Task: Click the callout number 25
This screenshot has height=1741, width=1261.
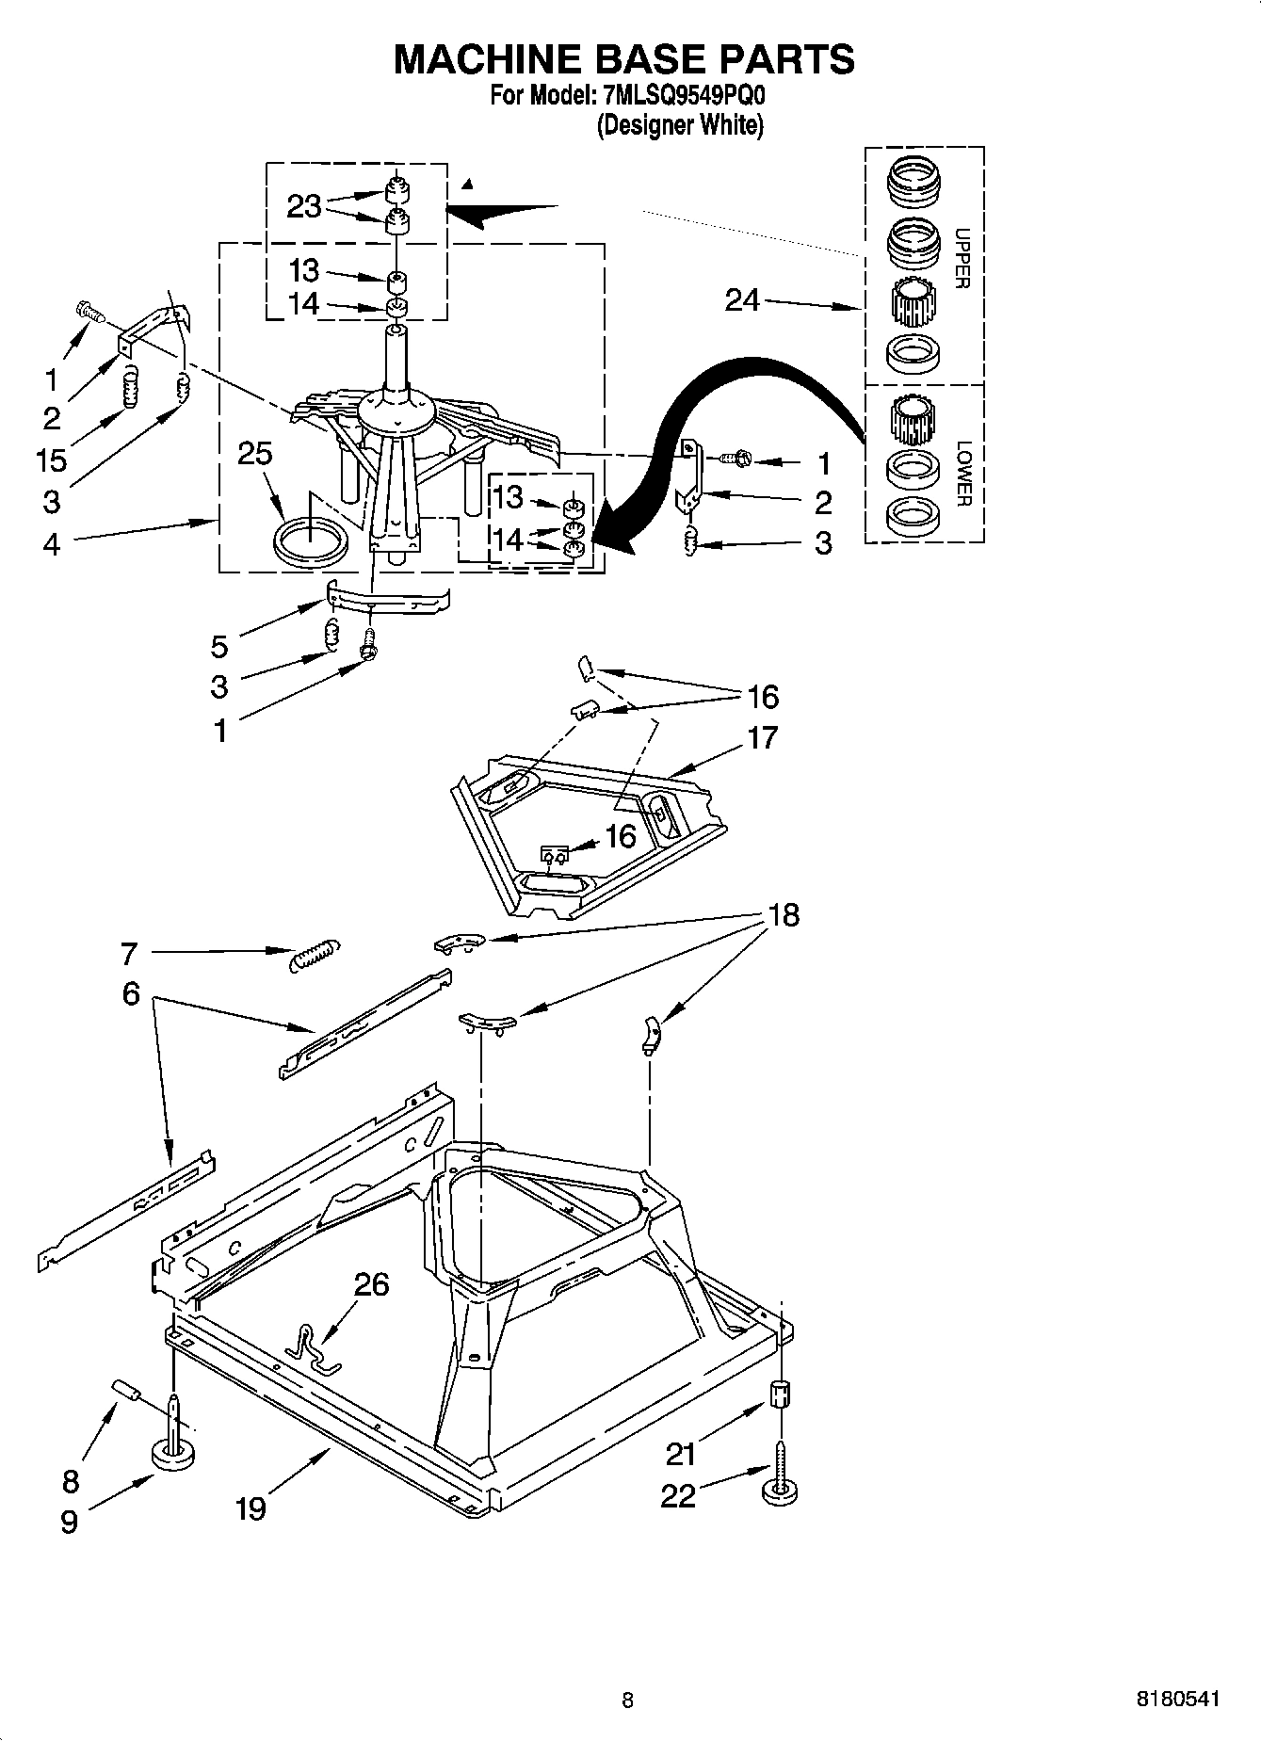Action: [254, 454]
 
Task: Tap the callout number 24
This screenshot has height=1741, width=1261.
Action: [742, 300]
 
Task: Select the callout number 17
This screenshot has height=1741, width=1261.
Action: [762, 737]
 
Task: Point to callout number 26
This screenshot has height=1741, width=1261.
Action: [371, 1284]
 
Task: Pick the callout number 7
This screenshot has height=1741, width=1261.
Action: [129, 954]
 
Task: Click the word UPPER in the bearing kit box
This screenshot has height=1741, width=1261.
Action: [962, 258]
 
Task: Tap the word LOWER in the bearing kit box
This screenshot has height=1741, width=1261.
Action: [962, 474]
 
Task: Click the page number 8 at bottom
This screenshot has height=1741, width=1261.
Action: [627, 1700]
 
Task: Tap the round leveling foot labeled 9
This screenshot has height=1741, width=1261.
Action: [174, 1456]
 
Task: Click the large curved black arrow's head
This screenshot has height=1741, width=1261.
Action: [603, 538]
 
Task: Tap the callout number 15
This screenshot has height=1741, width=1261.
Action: [52, 459]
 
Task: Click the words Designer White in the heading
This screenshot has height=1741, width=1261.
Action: [680, 125]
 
